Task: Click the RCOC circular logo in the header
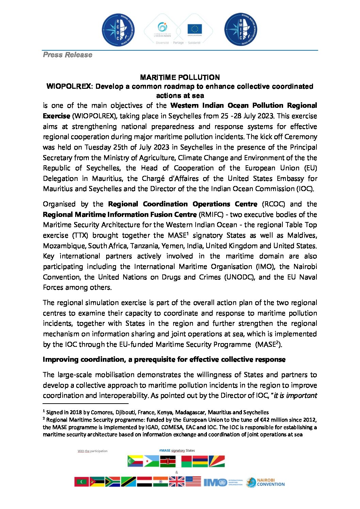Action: click(x=118, y=30)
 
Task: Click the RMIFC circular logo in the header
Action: click(x=241, y=30)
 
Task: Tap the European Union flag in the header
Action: click(x=195, y=29)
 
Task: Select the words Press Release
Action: click(x=68, y=55)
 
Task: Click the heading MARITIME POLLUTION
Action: click(x=180, y=77)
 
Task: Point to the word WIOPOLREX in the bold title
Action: click(x=68, y=86)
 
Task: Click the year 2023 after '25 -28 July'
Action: click(x=265, y=116)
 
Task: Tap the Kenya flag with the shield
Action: click(x=168, y=461)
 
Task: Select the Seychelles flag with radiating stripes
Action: click(x=216, y=461)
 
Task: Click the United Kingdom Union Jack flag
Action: click(x=177, y=481)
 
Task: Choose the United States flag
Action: click(x=193, y=481)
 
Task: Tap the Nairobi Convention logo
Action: click(x=265, y=482)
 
